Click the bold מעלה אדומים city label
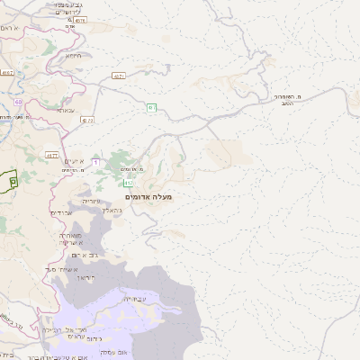149,196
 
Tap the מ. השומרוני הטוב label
290,99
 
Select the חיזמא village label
74,55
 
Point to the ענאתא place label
66,110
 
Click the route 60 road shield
18,102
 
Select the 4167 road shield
7,71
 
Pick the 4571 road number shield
119,76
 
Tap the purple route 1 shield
95,161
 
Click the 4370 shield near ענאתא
86,120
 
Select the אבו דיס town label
60,212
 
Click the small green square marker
13,181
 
